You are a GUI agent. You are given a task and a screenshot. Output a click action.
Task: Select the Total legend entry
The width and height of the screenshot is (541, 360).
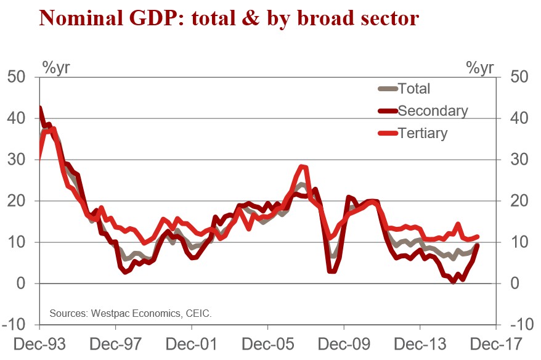point(413,88)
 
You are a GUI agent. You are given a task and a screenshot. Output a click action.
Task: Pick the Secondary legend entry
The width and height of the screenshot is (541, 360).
point(433,110)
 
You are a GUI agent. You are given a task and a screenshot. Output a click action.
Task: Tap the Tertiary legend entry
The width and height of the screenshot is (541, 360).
point(422,133)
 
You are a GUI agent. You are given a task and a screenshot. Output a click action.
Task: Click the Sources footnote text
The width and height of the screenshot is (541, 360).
point(129,314)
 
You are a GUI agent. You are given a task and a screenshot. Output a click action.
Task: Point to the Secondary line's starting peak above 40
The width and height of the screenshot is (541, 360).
point(40,108)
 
